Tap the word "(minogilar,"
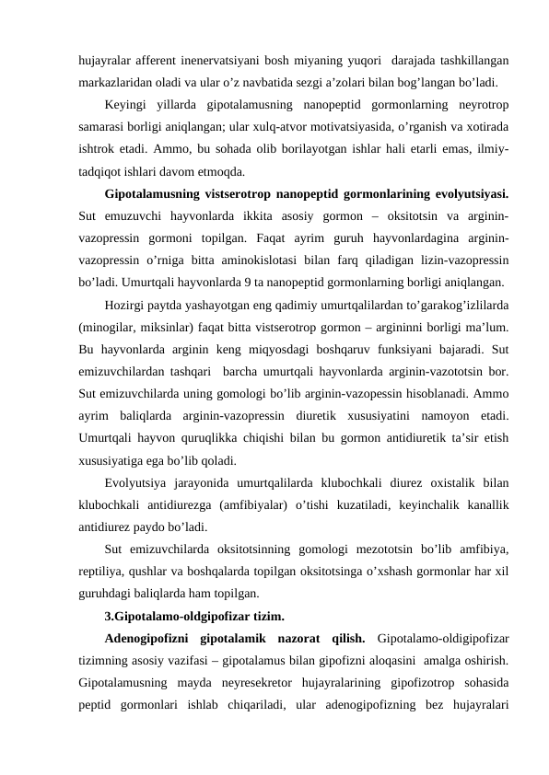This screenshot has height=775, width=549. click(x=108, y=330)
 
